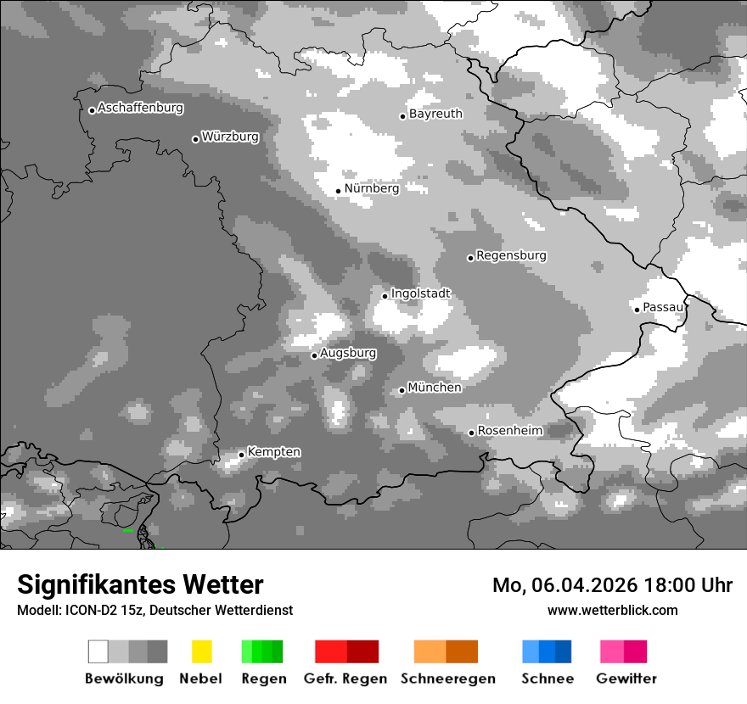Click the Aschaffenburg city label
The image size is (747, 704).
pyautogui.click(x=140, y=108)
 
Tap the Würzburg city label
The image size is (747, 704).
pyautogui.click(x=230, y=137)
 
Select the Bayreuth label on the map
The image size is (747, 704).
pyautogui.click(x=435, y=114)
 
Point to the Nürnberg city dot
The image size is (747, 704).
pyautogui.click(x=338, y=191)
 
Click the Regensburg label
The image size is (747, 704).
pyautogui.click(x=511, y=255)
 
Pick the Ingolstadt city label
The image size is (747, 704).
pyautogui.click(x=420, y=293)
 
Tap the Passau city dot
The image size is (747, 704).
pyautogui.click(x=637, y=309)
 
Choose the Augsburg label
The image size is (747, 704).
pyautogui.click(x=348, y=353)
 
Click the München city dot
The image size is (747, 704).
pyautogui.click(x=402, y=390)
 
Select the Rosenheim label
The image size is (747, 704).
pyautogui.click(x=509, y=431)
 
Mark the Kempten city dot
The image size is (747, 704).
pyautogui.click(x=241, y=455)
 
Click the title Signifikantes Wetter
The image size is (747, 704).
pyautogui.click(x=140, y=585)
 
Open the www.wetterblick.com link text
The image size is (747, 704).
pyautogui.click(x=612, y=610)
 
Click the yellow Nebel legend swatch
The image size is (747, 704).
pyautogui.click(x=201, y=651)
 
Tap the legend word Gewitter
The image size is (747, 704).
pyautogui.click(x=626, y=679)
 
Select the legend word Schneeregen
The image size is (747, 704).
pyautogui.click(x=448, y=679)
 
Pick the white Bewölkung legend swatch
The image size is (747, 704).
pyautogui.click(x=98, y=651)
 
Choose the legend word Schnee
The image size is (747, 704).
pyautogui.click(x=548, y=679)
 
